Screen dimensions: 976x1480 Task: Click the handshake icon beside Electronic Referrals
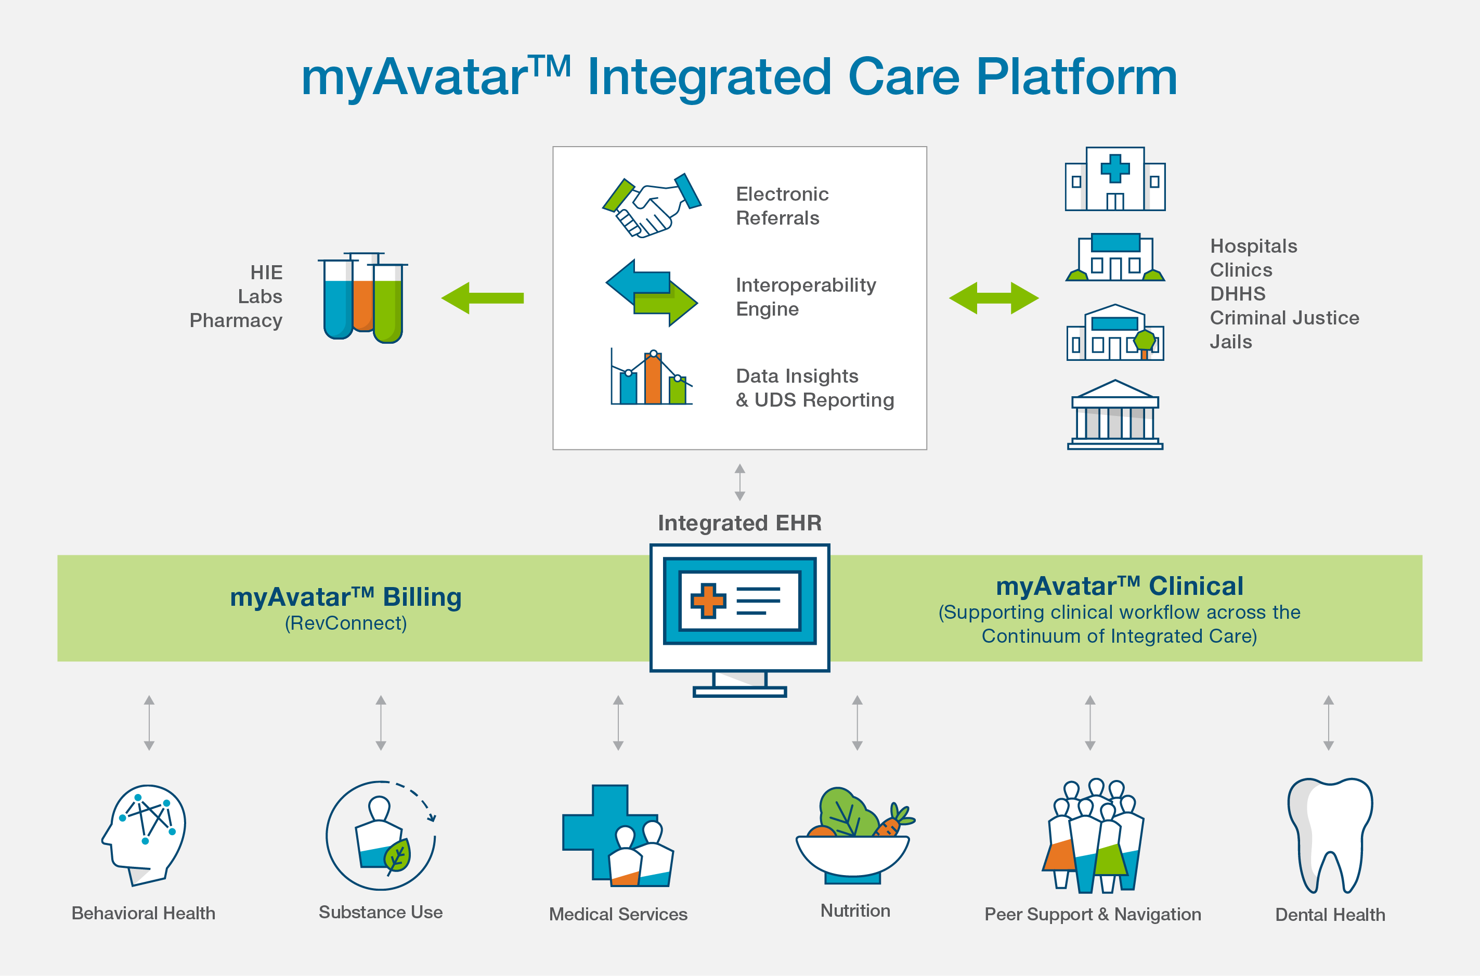click(651, 205)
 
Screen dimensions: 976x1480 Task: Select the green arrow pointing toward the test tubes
click(483, 298)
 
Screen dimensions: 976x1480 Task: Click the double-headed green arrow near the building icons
click(993, 298)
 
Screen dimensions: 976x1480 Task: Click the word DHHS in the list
click(1237, 294)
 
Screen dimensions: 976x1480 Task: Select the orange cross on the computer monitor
click(708, 601)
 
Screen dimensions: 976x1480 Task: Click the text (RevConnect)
click(345, 623)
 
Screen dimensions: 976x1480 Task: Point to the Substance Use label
click(380, 912)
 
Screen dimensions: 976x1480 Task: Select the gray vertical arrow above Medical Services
click(618, 723)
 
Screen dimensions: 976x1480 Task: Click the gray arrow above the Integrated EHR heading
click(739, 482)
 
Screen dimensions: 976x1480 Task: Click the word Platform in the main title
click(1076, 77)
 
